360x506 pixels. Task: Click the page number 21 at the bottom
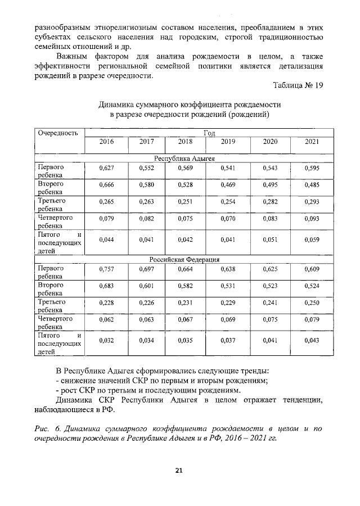click(180, 470)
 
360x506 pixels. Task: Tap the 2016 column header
click(106, 142)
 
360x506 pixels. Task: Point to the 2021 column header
click(312, 142)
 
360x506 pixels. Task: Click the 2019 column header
click(228, 142)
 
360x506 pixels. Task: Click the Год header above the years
click(209, 132)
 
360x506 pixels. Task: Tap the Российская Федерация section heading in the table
click(184, 259)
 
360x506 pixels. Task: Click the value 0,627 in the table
click(106, 168)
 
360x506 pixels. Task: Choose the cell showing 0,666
click(106, 184)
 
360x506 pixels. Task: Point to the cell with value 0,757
click(106, 269)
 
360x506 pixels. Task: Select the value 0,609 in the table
click(312, 269)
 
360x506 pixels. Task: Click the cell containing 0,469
click(228, 184)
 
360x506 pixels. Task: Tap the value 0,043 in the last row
click(312, 340)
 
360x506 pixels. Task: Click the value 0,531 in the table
click(228, 286)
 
